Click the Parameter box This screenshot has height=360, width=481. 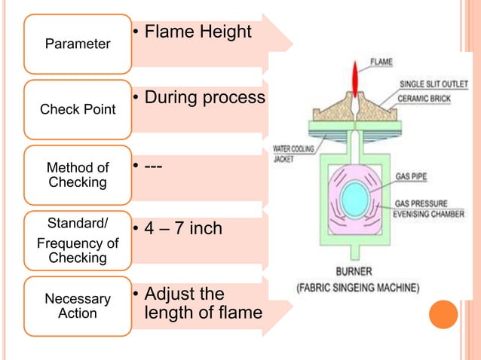pyautogui.click(x=78, y=43)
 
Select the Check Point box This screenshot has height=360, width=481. pyautogui.click(x=78, y=109)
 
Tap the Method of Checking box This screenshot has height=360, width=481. pyautogui.click(x=78, y=175)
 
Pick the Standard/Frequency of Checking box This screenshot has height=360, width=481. pyautogui.click(x=78, y=239)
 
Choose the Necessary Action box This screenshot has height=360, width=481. pyautogui.click(x=78, y=305)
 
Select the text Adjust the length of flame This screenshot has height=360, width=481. pyautogui.click(x=200, y=301)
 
